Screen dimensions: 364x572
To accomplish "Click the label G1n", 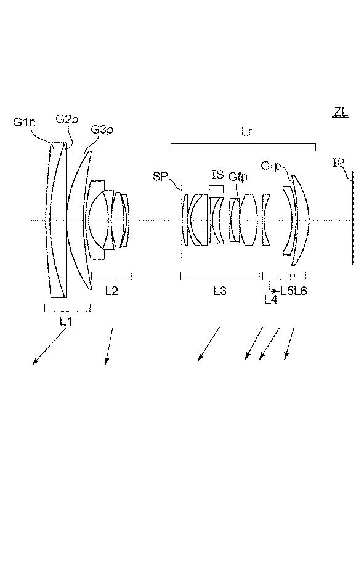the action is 25,122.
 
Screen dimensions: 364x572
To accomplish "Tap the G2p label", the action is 67,119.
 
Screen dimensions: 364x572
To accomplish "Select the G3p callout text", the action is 102,129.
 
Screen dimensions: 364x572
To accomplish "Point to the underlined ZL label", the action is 341,112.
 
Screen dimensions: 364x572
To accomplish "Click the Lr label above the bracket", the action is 246,132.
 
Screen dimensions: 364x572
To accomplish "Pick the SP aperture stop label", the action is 160,177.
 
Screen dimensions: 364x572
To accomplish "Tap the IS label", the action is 217,174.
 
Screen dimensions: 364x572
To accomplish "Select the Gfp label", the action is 238,177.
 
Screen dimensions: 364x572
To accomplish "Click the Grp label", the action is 271,166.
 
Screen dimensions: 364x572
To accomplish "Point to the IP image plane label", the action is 338,163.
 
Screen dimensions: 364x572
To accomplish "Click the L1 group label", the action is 66,321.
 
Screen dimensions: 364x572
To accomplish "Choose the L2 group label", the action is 111,291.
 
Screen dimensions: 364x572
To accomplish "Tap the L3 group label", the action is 220,291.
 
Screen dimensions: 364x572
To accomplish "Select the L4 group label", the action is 270,299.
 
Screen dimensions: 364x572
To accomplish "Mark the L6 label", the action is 300,291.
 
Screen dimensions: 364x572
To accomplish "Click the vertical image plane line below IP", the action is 353,218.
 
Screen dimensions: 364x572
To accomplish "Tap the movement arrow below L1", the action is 49,346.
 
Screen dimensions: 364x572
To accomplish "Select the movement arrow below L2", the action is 109,346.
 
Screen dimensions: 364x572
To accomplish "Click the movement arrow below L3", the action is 209,344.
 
